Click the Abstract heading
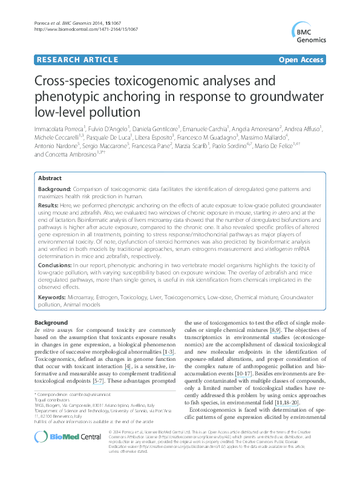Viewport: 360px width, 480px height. tap(50, 179)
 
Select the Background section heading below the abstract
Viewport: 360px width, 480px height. tap(51, 323)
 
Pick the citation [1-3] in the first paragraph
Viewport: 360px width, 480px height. tap(169, 352)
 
